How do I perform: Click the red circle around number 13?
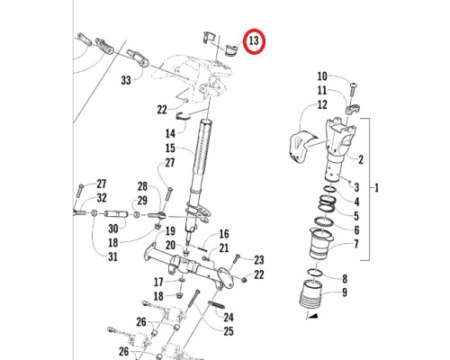coord(254,41)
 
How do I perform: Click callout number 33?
coord(126,80)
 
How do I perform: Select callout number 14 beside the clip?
coord(170,133)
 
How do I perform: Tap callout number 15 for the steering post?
coord(170,148)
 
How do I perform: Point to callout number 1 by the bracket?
coord(377,188)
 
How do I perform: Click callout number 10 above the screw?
coord(322,76)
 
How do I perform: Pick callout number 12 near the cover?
coord(322,104)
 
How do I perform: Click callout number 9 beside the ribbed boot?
coord(345,292)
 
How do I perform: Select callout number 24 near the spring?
coord(229,317)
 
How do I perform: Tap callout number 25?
coord(229,331)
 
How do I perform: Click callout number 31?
coord(112,256)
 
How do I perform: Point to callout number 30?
coord(112,229)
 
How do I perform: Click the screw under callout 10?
coord(354,90)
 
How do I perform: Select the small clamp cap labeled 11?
coord(352,110)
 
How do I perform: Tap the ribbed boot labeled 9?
coord(310,293)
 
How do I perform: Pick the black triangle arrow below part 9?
coord(312,315)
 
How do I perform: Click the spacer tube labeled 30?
coord(116,214)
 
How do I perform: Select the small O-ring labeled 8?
coord(315,272)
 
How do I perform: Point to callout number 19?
coord(170,231)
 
